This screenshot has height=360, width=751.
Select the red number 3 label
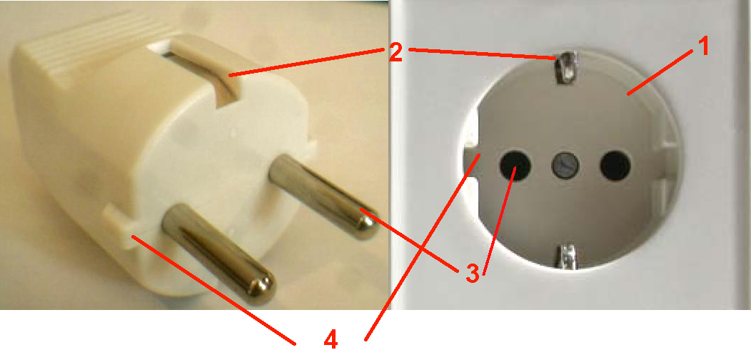(x=472, y=274)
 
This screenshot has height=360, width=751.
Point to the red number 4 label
(x=331, y=339)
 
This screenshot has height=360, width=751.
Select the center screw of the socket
(x=565, y=166)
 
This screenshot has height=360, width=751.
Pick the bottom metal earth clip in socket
(x=567, y=256)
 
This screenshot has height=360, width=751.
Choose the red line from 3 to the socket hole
(x=499, y=221)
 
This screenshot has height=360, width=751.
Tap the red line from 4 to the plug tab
(x=213, y=289)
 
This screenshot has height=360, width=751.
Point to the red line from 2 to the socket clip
(x=485, y=54)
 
